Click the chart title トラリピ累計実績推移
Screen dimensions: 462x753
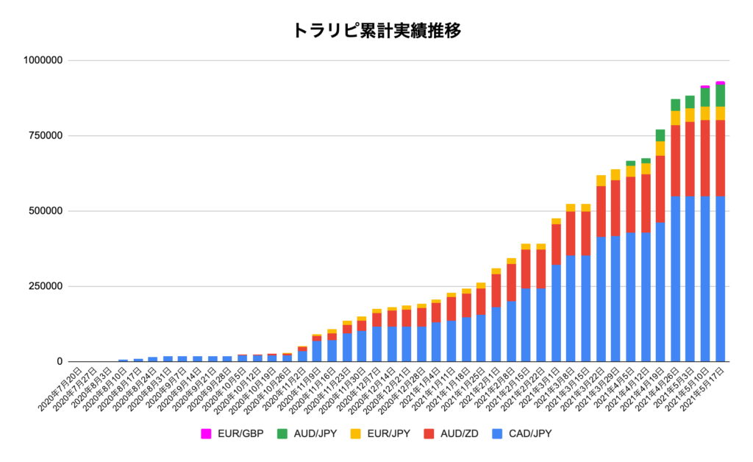[376, 30]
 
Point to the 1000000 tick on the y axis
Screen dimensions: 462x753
[43, 60]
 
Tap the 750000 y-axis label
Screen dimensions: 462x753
[46, 135]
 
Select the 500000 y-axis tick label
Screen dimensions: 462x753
[46, 211]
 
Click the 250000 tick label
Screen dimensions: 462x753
[46, 286]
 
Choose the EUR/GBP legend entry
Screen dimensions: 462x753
[233, 433]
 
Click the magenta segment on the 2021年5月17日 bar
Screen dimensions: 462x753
[721, 83]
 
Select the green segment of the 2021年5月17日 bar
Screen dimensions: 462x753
[721, 96]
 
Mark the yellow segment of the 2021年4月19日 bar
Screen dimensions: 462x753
[660, 148]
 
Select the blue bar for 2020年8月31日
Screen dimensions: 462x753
[168, 359]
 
